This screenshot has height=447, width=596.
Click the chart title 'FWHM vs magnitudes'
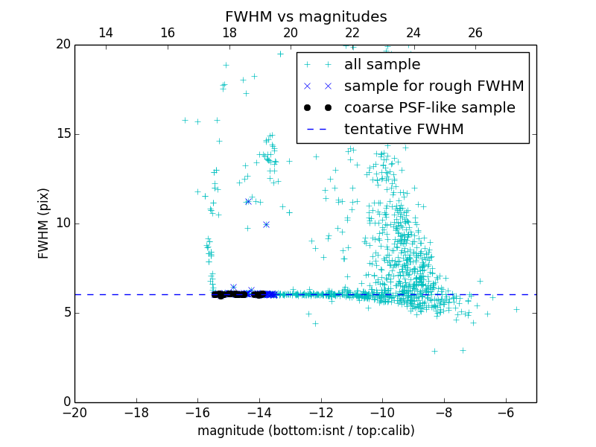pyautogui.click(x=305, y=16)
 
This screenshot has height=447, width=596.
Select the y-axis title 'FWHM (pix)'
pyautogui.click(x=44, y=223)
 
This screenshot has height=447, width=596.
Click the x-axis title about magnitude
pyautogui.click(x=305, y=431)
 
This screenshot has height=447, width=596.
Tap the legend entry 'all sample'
pyautogui.click(x=382, y=65)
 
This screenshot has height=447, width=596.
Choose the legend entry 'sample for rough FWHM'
pyautogui.click(x=434, y=86)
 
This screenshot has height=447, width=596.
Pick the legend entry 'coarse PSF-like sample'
pyautogui.click(x=429, y=108)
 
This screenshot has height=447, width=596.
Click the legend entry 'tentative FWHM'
pyautogui.click(x=404, y=130)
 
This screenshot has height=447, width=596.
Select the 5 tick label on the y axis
pyautogui.click(x=65, y=313)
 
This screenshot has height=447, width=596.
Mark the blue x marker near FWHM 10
pyautogui.click(x=266, y=224)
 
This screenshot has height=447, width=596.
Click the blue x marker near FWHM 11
pyautogui.click(x=248, y=201)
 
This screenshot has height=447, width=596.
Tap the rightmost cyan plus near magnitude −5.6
pyautogui.click(x=516, y=309)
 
